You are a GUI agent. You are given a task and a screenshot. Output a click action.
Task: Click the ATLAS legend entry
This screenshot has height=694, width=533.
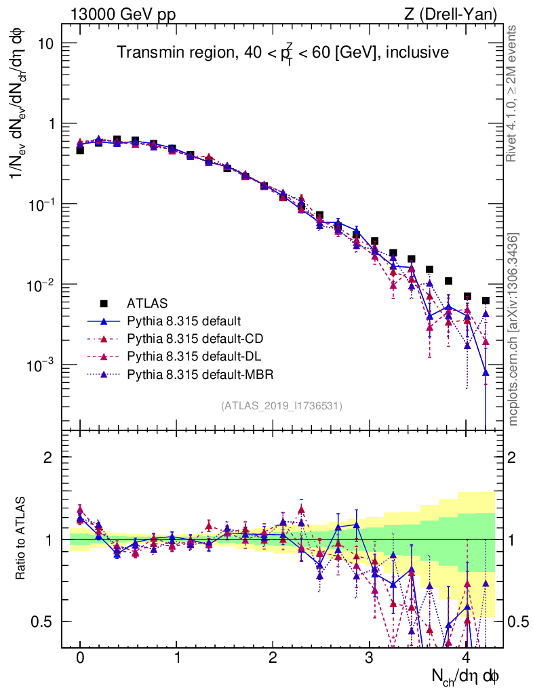coord(146,303)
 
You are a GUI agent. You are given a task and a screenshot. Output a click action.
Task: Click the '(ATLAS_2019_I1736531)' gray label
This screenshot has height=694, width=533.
coord(281,406)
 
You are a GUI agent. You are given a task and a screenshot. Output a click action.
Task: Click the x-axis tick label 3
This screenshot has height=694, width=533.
coord(370,659)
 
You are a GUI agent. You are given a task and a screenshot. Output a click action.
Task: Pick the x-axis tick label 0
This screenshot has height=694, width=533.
coord(80,659)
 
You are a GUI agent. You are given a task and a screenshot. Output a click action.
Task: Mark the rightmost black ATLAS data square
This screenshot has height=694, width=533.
coord(486,300)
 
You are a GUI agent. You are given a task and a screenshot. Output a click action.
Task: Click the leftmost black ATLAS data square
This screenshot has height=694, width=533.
coord(80,150)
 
